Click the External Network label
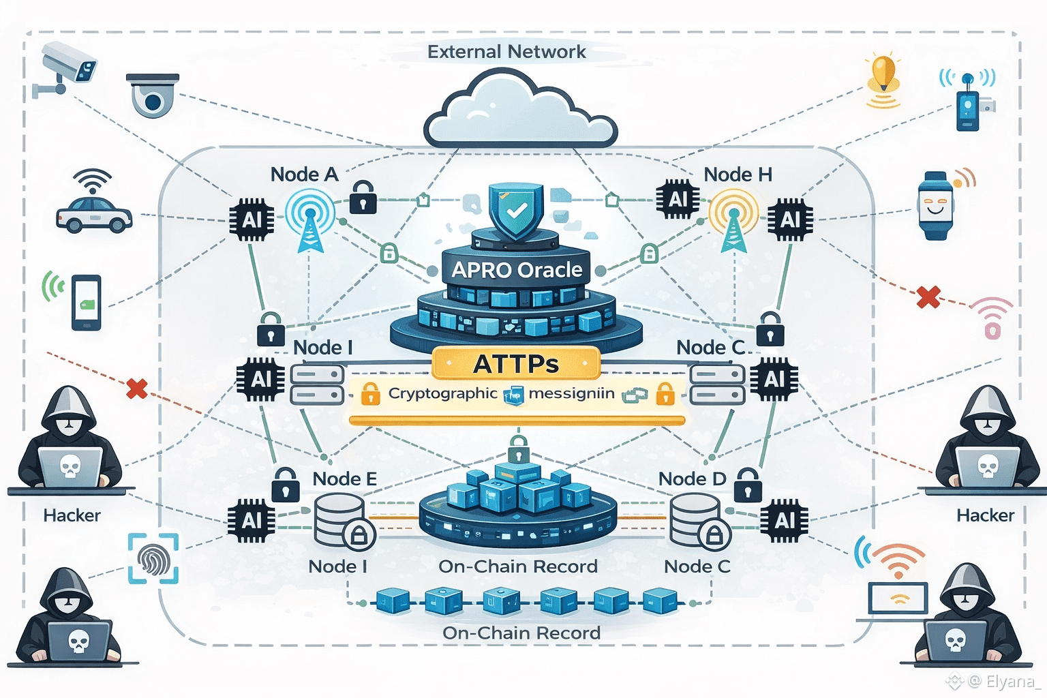coord(506,52)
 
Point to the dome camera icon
coord(153,95)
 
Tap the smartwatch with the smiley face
coord(935,205)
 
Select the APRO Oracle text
coord(517,270)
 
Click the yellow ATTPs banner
coord(516,363)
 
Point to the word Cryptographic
coord(443,393)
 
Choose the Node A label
coord(304,174)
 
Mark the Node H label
coord(738,174)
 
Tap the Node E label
coord(344,479)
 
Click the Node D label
coord(692,479)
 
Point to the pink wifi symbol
coord(992,317)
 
